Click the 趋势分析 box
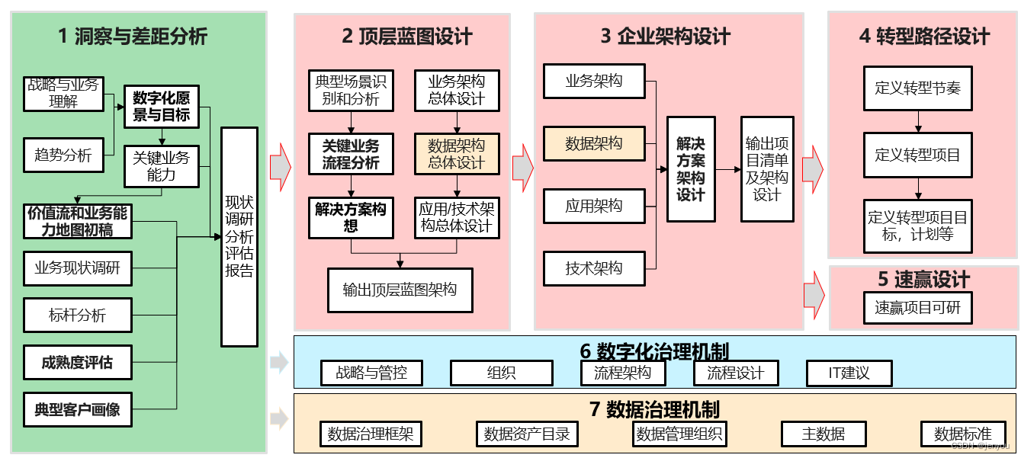(63, 155)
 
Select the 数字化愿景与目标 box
(161, 107)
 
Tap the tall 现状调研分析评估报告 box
(239, 236)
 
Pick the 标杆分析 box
(77, 315)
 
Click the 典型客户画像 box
(77, 409)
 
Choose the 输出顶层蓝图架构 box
(400, 290)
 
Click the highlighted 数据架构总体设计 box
(456, 153)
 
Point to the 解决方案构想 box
(351, 217)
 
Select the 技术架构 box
(594, 268)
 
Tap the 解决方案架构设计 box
(691, 169)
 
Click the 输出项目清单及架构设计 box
(767, 169)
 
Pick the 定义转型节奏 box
(918, 88)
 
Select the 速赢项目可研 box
(918, 308)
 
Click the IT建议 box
(849, 373)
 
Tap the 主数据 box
(824, 434)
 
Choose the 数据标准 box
(963, 434)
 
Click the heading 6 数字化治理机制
(654, 351)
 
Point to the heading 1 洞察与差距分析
(133, 36)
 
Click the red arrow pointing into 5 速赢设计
(814, 292)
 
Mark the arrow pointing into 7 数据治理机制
(279, 418)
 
